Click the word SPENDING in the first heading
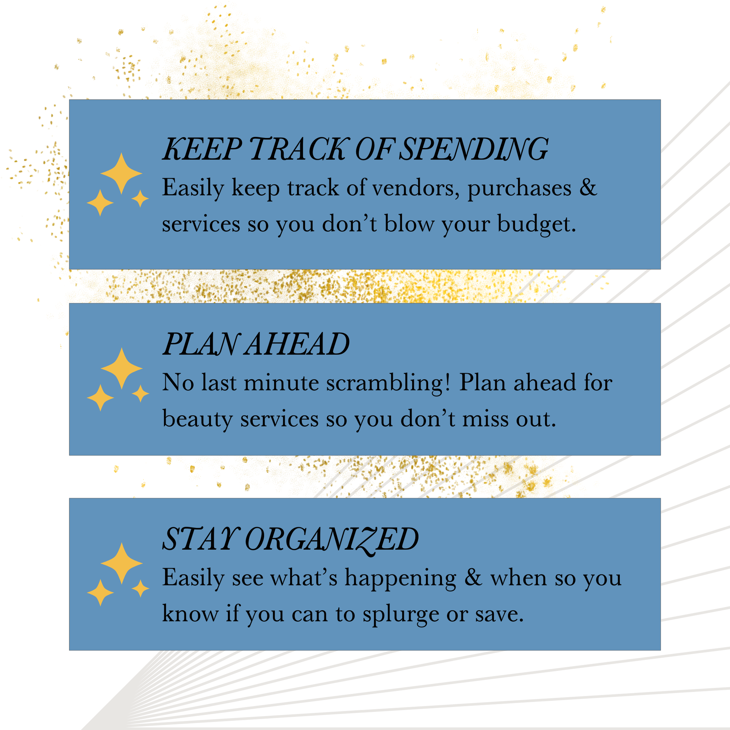coord(473,149)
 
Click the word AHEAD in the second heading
coord(297,344)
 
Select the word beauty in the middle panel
coord(197,419)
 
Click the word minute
coord(281,383)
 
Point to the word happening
coord(400,579)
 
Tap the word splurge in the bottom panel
coord(400,615)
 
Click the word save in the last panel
coord(499,614)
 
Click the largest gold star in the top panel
coord(121,173)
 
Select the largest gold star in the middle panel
coord(121,368)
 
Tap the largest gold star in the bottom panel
coord(121,563)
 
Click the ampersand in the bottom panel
coord(473,577)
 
